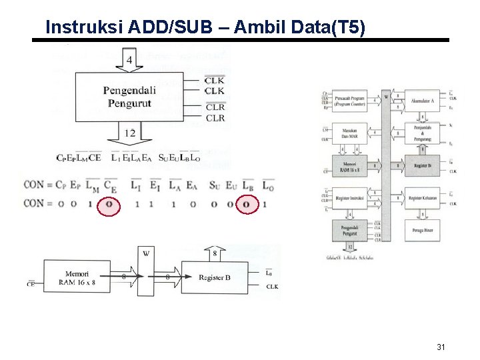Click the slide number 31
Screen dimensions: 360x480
[440, 347]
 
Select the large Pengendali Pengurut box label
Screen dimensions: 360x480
[129, 97]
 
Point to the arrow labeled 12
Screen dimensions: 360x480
[129, 135]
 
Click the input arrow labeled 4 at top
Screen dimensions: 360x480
[129, 61]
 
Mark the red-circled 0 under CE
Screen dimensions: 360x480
[109, 204]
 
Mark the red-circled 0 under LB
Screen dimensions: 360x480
[247, 204]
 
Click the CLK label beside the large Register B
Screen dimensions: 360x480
[272, 287]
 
